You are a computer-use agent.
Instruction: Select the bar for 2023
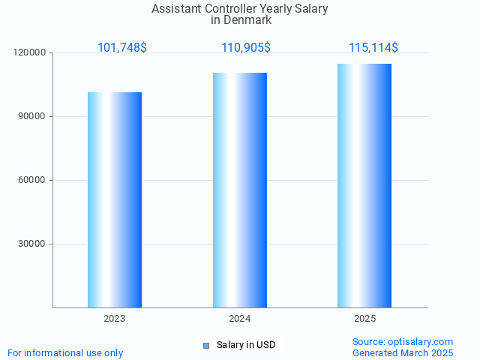[115, 199]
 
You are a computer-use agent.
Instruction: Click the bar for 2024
[240, 190]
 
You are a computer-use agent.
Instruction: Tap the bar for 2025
[364, 185]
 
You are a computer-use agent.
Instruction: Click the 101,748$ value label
[122, 48]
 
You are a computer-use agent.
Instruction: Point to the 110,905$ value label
[246, 48]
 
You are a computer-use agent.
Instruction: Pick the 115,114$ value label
[373, 48]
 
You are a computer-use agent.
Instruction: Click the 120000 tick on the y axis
[30, 53]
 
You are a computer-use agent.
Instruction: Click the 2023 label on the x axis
[115, 319]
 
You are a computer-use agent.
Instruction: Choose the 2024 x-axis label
[240, 319]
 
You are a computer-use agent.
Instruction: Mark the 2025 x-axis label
[365, 319]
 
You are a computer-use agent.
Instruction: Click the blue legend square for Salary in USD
[206, 346]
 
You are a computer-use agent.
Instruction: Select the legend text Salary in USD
[246, 345]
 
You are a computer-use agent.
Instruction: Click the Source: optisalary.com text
[403, 341]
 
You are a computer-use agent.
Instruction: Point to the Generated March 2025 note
[403, 352]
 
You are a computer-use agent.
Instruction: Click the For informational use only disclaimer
[65, 352]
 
